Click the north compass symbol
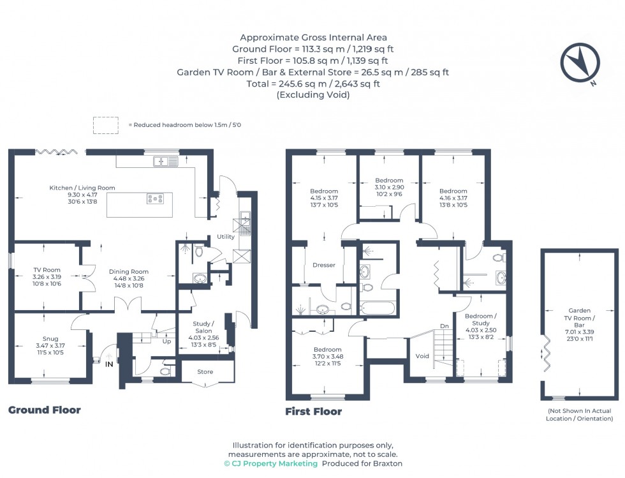coord(580,63)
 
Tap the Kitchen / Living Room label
coord(82,188)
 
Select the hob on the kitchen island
coord(155,198)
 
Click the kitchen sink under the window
coord(165,162)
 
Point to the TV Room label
coord(47,270)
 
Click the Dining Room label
coord(128,271)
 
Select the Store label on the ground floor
coord(205,371)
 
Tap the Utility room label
coord(226,237)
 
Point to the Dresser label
coord(324,265)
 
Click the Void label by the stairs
coord(422,356)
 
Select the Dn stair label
coord(445,327)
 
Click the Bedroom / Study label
coord(480,320)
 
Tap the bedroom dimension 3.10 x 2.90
coord(389,188)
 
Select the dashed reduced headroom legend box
coord(105,125)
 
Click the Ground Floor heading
coord(44,410)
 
